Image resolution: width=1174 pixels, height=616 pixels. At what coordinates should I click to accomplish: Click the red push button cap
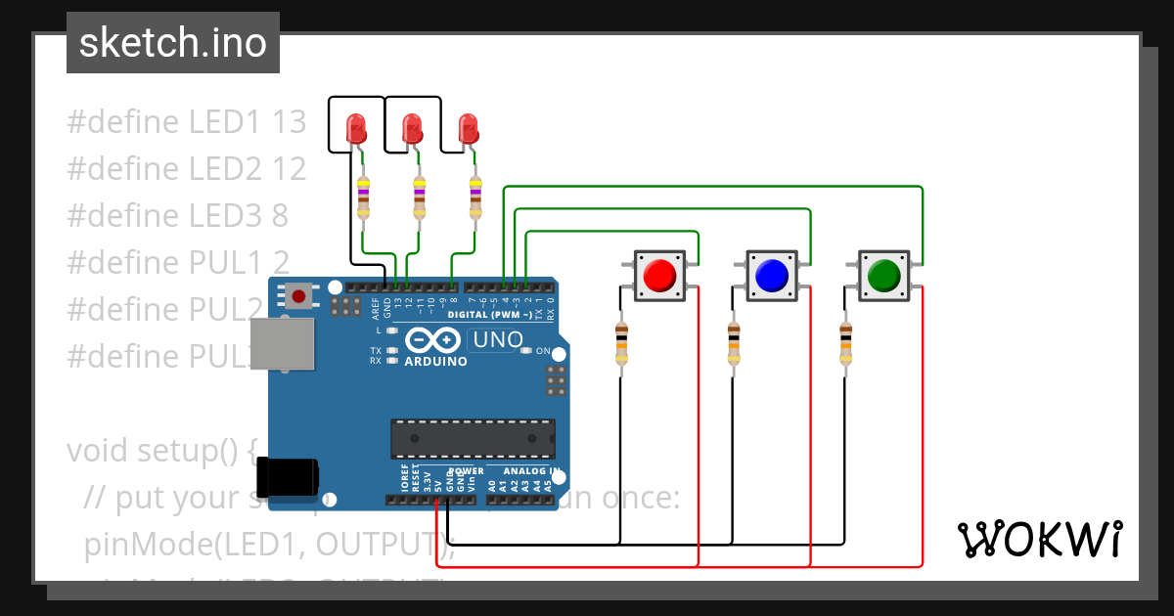point(660,275)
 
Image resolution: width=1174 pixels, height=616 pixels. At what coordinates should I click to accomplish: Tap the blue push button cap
point(772,275)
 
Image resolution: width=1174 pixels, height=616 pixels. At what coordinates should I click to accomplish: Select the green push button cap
point(883,275)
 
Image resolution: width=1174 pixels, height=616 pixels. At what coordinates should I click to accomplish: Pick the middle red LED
point(413,128)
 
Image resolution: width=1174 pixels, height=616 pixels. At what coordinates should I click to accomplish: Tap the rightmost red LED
point(469,128)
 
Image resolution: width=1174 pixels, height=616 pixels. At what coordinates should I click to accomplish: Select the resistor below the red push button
point(621,343)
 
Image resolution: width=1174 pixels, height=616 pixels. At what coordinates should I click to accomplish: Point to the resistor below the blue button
point(734,343)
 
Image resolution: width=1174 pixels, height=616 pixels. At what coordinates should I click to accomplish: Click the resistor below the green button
point(845,343)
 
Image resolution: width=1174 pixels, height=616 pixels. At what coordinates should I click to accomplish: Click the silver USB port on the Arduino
point(283,343)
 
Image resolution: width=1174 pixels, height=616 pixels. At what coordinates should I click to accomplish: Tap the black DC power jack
point(293,475)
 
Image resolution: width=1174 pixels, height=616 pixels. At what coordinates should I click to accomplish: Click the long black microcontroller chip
point(473,439)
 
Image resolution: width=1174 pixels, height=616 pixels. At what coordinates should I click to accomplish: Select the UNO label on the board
point(495,340)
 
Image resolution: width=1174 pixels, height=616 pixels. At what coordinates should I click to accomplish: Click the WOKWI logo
point(1039,539)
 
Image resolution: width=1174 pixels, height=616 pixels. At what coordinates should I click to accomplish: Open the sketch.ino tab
point(173,43)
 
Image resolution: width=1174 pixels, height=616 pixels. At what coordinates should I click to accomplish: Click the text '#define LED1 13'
point(186,122)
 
